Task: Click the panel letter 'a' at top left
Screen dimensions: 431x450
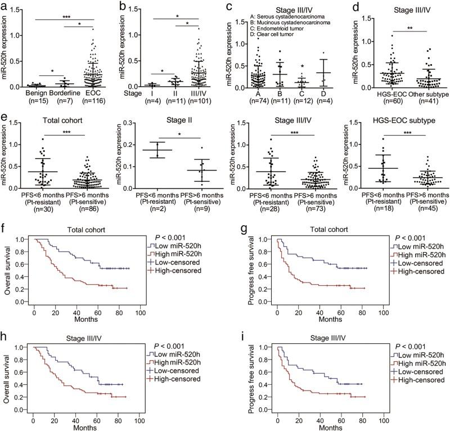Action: coord(4,5)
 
